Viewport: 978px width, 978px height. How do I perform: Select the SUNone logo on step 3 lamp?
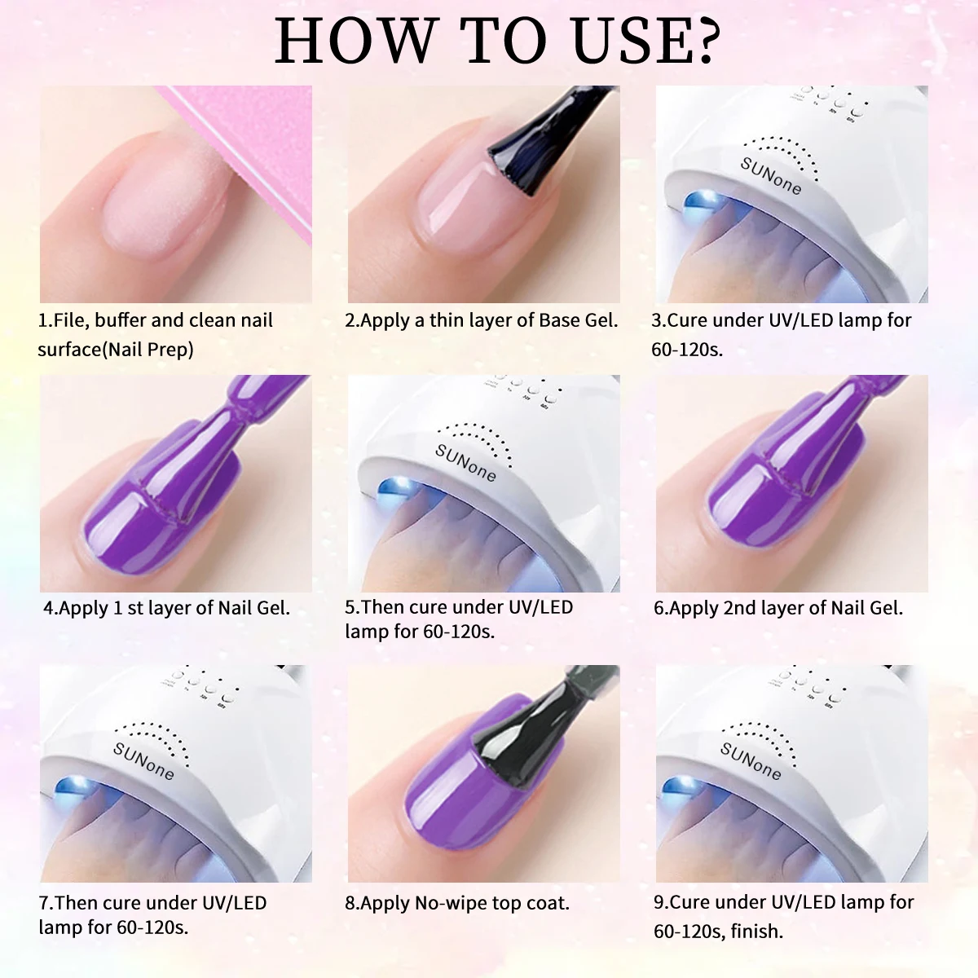(770, 176)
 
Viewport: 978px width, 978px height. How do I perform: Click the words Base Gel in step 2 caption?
(578, 320)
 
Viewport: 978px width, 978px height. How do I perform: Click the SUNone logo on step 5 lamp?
(465, 463)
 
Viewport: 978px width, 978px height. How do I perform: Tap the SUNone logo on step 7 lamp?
(143, 760)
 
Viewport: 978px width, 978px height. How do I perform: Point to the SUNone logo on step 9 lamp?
(750, 760)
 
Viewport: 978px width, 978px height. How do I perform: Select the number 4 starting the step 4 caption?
(48, 608)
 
